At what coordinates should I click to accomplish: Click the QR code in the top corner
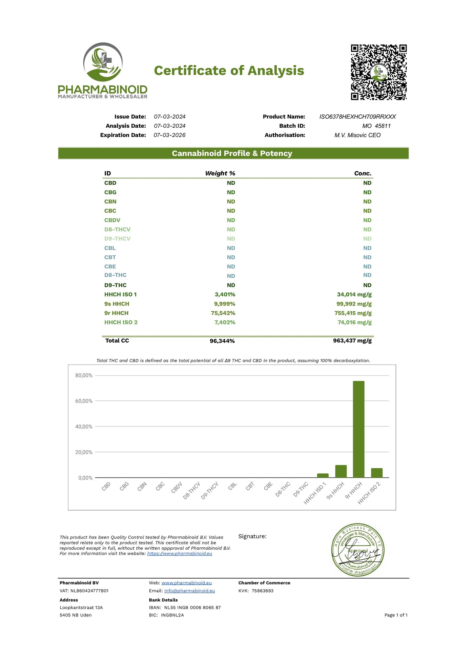[x=378, y=72]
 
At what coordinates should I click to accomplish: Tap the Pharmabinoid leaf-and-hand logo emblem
[x=102, y=62]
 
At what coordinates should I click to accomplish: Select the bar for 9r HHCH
[x=358, y=429]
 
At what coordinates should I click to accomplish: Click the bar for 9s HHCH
[x=341, y=471]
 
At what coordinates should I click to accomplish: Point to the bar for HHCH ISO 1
[x=323, y=475]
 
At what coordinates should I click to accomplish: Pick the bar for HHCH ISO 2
[x=377, y=473]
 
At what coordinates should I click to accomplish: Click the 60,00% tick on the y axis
[x=84, y=401]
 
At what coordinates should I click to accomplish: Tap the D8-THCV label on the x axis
[x=192, y=490]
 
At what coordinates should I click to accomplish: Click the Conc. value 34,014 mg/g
[x=354, y=294]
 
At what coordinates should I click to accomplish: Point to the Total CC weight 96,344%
[x=222, y=341]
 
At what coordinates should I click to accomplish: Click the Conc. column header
[x=363, y=173]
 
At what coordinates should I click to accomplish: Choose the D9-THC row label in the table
[x=115, y=285]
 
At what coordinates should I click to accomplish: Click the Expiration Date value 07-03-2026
[x=169, y=135]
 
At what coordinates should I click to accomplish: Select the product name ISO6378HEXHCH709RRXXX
[x=357, y=117]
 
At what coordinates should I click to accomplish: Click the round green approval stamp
[x=358, y=550]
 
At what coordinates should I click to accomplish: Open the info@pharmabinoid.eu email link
[x=189, y=591]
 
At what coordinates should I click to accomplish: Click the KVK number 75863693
[x=262, y=591]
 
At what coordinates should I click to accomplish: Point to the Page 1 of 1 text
[x=396, y=615]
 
